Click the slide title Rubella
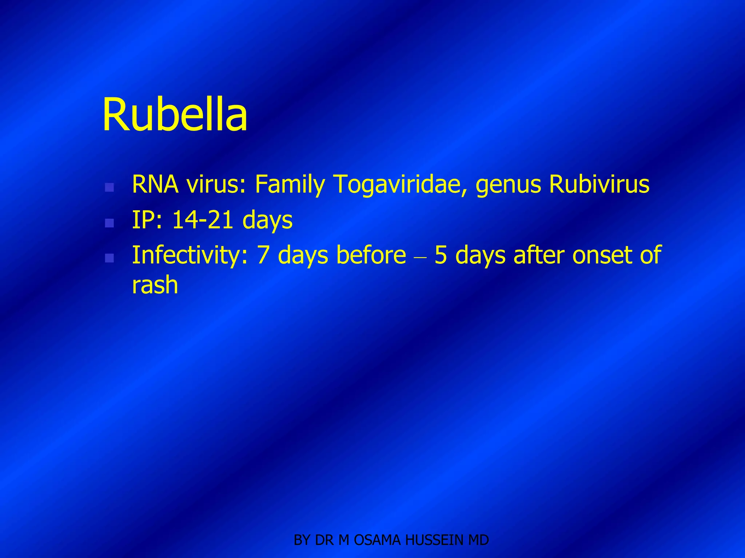coord(175,115)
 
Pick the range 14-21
coord(203,220)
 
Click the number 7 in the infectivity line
coord(263,255)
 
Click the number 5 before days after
coord(441,255)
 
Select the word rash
coord(155,285)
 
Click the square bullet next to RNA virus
coord(109,187)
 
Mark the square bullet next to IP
coord(109,223)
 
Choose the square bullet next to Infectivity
coord(109,258)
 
